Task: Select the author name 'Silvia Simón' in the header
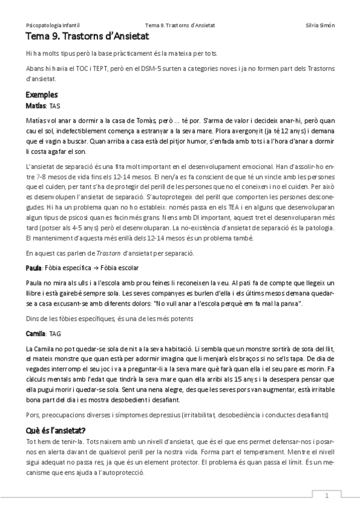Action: (320, 26)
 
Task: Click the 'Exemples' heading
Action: (41, 95)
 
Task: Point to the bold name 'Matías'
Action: (36, 105)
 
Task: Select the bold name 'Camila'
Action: (36, 333)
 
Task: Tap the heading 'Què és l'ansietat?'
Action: (56, 430)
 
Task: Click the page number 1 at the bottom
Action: (326, 496)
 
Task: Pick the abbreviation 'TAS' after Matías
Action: (55, 105)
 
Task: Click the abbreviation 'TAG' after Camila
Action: (55, 333)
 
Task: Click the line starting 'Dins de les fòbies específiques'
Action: (109, 318)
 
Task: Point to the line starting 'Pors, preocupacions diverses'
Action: (177, 414)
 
